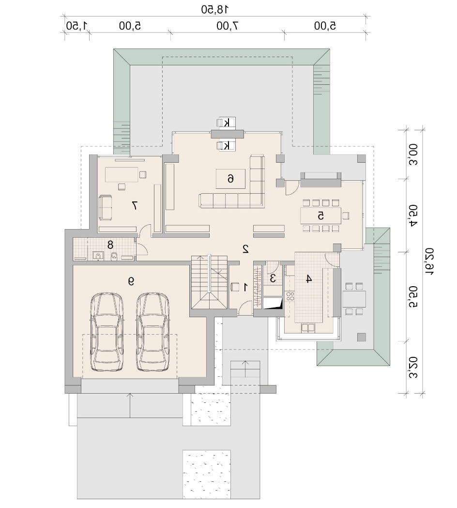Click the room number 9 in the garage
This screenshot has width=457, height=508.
131,281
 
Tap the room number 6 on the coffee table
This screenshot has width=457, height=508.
230,178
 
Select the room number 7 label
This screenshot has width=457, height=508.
135,205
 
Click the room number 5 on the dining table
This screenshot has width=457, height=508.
320,216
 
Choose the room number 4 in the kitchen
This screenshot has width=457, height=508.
309,278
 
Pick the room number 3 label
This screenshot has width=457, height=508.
273,278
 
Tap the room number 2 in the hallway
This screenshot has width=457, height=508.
245,249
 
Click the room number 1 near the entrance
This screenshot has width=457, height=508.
245,287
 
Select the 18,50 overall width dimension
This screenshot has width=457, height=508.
214,9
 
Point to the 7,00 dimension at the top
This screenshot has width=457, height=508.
228,26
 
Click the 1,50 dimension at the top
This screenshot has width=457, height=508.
77,26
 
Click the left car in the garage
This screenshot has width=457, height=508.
107,332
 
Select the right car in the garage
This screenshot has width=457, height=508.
152,332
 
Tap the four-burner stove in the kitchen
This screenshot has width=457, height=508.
290,296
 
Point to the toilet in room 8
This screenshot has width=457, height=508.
114,256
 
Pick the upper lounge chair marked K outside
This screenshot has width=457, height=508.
226,123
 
